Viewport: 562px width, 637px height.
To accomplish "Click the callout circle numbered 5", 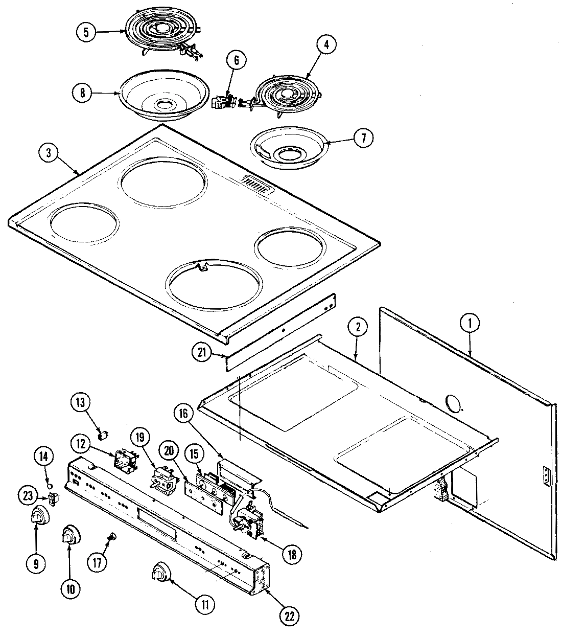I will click(x=86, y=32).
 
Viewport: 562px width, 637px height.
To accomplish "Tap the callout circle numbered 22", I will click(x=290, y=616).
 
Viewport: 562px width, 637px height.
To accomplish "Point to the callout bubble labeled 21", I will click(x=202, y=352).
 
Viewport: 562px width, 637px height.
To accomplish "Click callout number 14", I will click(x=44, y=458).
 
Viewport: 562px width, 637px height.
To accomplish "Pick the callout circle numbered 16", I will click(x=185, y=415).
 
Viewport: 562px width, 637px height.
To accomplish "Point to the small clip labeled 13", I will click(x=104, y=436).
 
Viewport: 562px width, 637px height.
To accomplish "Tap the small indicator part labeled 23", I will click(x=52, y=498).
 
